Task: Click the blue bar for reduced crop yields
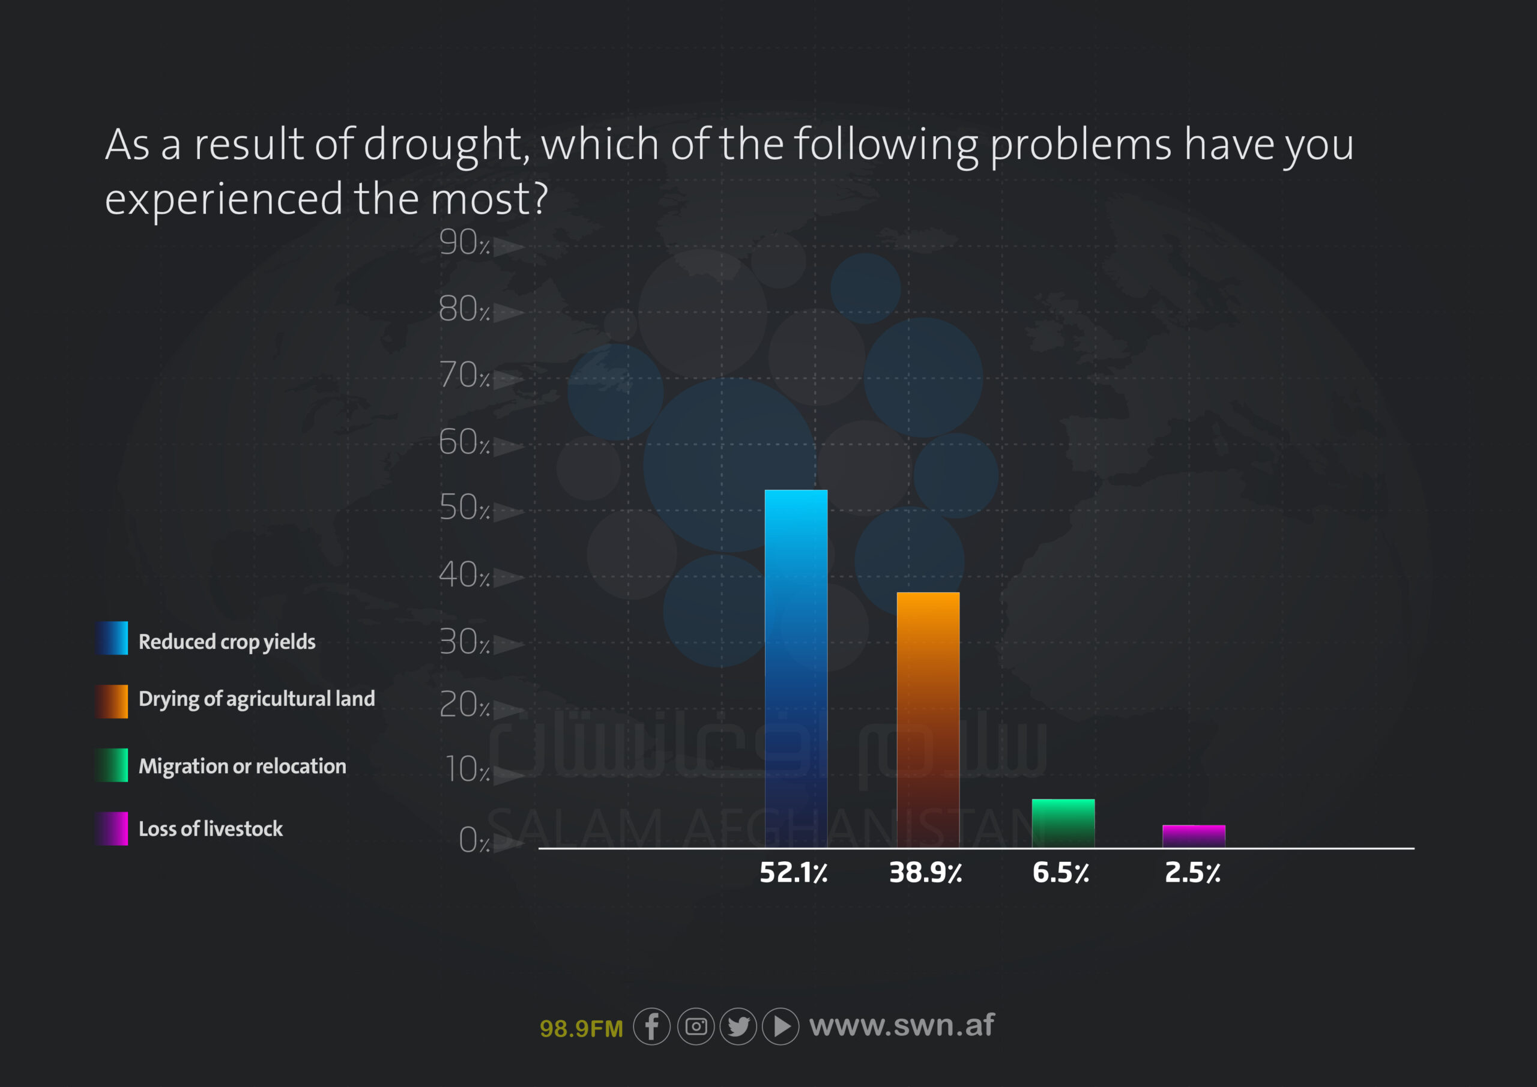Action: (x=796, y=669)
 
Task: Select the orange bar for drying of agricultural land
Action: (x=928, y=720)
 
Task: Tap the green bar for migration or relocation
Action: (x=1063, y=824)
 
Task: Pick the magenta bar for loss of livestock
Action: (x=1194, y=836)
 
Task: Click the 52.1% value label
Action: (x=793, y=872)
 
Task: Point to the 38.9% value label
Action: (x=925, y=872)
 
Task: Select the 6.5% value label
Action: (x=1061, y=872)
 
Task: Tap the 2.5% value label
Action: (x=1192, y=872)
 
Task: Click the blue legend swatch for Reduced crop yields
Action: (x=111, y=638)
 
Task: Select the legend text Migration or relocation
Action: (x=243, y=766)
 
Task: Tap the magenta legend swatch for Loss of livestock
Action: (x=111, y=829)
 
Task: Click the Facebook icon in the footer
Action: (x=651, y=1026)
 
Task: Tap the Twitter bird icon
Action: (x=738, y=1026)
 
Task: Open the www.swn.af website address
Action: (x=902, y=1025)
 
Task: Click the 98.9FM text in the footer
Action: (x=581, y=1029)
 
